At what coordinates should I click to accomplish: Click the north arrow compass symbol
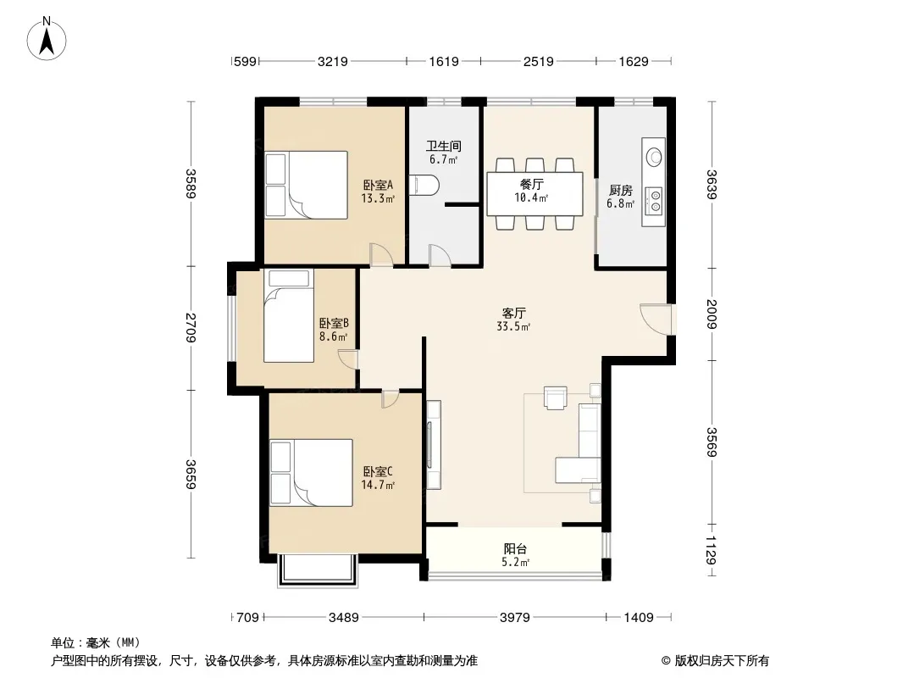coord(47,38)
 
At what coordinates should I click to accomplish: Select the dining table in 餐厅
coord(535,193)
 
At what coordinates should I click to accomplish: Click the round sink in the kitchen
coord(654,156)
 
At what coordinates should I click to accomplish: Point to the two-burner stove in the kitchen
coord(655,200)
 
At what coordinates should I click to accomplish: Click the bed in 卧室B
coord(289,316)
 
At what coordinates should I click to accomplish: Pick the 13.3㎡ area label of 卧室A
coord(378,198)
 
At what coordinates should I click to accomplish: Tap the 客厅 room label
coord(513,313)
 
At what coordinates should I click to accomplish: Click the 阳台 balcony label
coord(515,549)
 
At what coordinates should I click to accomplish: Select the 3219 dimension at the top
coord(333,61)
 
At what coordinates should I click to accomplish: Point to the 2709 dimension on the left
coord(191,328)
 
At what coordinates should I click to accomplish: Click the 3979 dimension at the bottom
coord(515,618)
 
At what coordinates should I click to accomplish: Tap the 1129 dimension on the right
coord(712,550)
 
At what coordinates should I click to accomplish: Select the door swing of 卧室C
coord(390,399)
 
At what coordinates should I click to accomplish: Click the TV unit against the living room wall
coord(433,445)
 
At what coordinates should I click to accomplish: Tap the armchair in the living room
coord(556,397)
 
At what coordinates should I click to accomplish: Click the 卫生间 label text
coord(443,147)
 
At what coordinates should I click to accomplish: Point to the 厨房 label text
coord(621,190)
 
